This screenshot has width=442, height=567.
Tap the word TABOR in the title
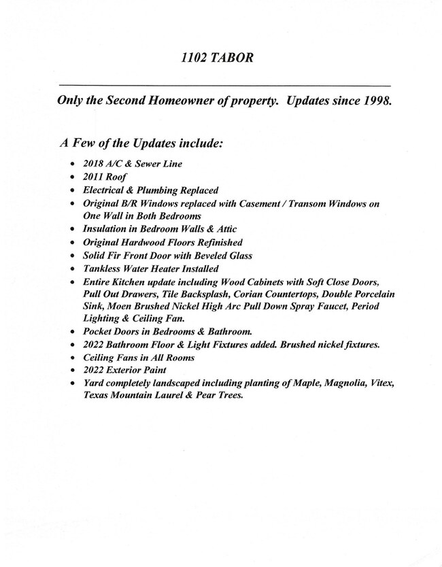click(234, 58)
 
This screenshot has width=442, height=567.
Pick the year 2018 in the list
click(93, 165)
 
